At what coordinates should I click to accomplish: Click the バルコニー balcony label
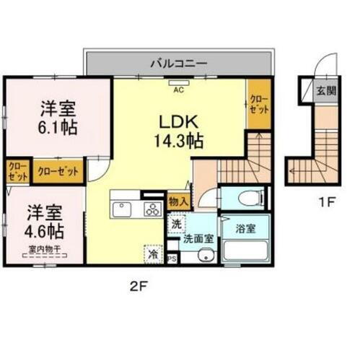point(179,63)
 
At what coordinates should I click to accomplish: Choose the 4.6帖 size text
point(46,231)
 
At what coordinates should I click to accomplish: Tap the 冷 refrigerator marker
point(153,253)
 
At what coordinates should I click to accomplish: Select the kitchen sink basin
point(120,210)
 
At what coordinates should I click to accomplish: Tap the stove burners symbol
point(153,210)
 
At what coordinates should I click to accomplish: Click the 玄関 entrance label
point(325,92)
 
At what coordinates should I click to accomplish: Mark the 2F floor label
point(138,286)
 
